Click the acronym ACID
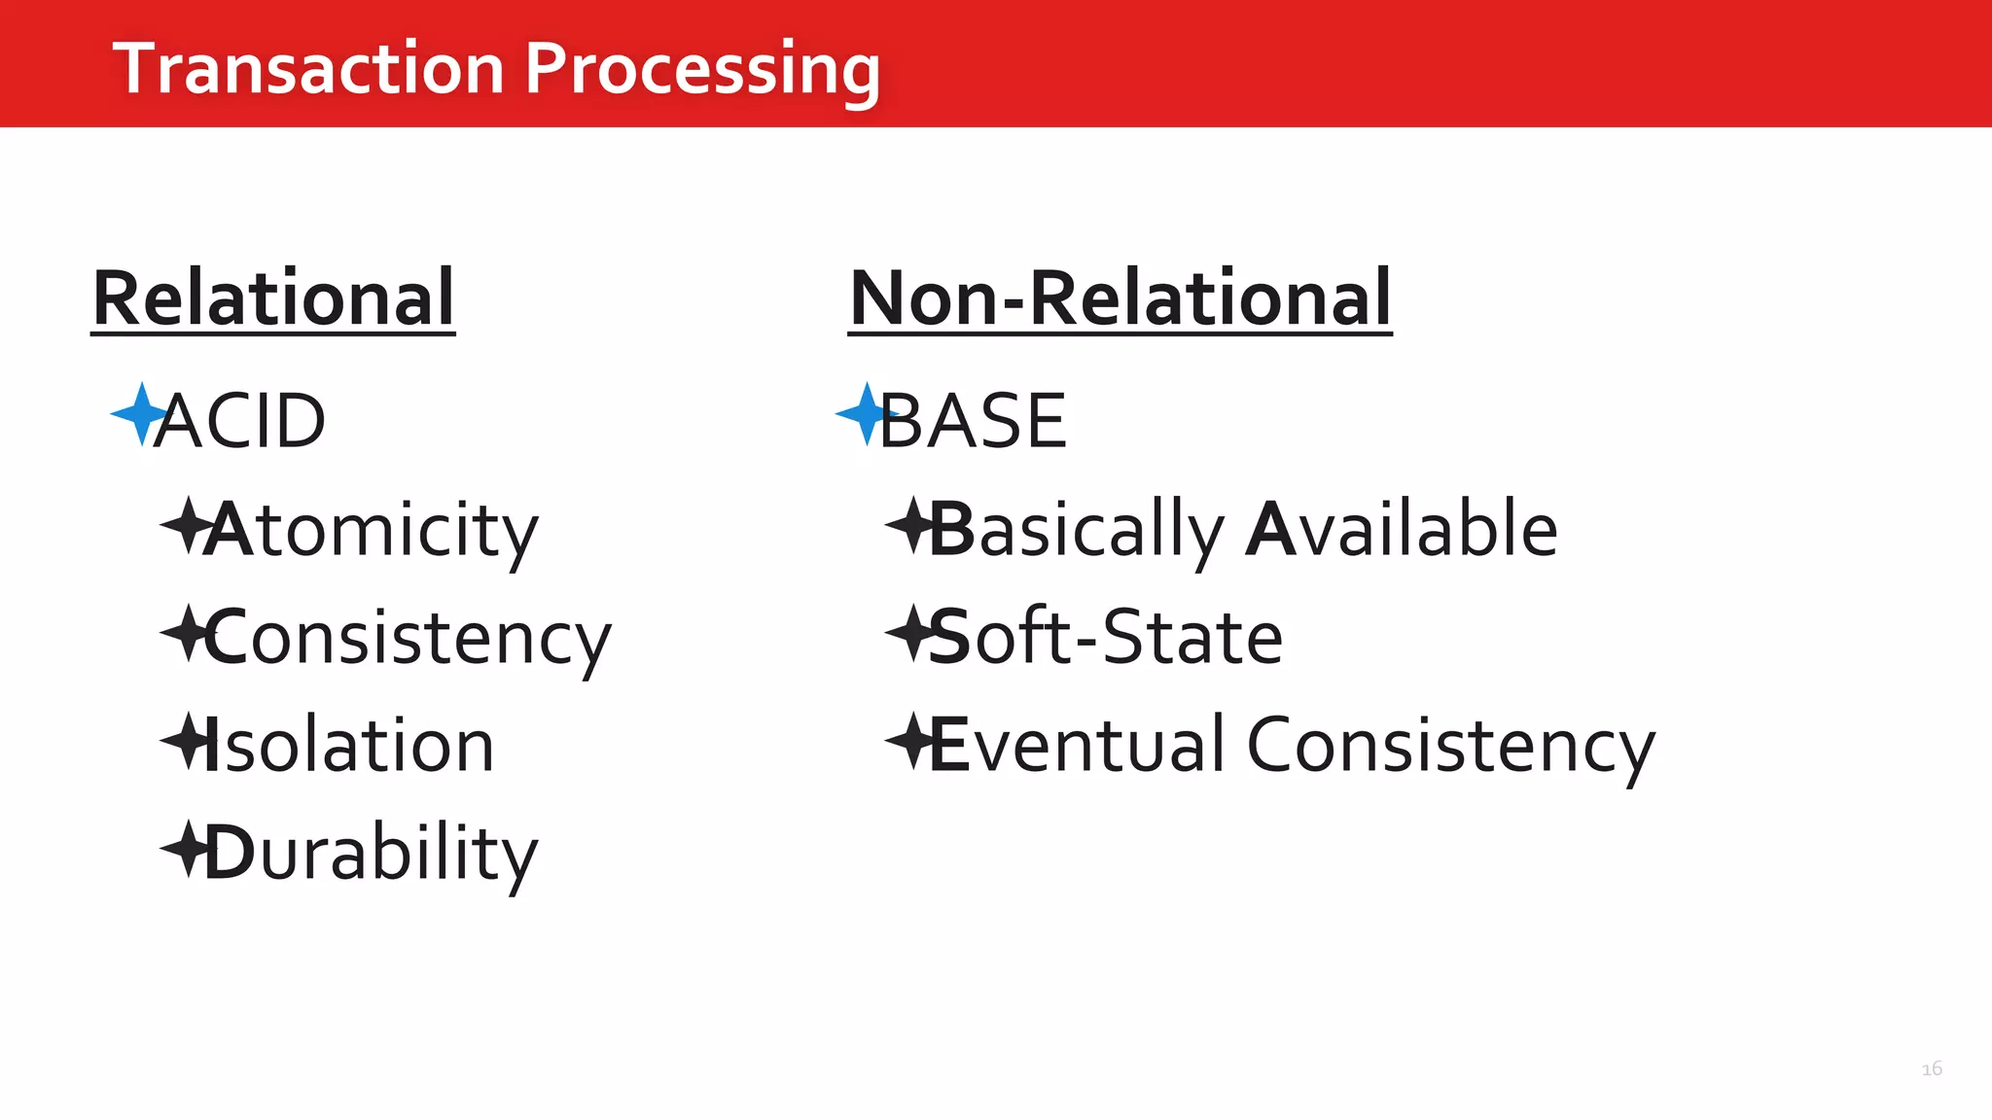[x=239, y=421]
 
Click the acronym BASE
[x=973, y=421]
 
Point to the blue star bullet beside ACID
[x=139, y=414]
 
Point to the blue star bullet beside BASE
[x=865, y=414]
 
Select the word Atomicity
[x=372, y=530]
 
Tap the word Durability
[x=372, y=854]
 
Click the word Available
[x=1402, y=530]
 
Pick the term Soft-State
[x=1106, y=638]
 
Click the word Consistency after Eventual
[x=1450, y=746]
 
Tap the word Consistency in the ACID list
[x=408, y=638]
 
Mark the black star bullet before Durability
[x=184, y=849]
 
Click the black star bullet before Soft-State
[x=909, y=633]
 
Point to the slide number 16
[x=1932, y=1068]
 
